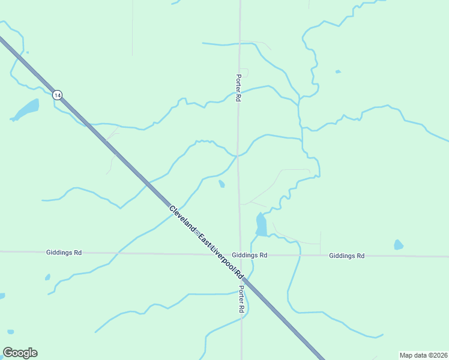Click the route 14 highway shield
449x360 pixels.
tap(57, 95)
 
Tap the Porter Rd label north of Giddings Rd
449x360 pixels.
tap(238, 88)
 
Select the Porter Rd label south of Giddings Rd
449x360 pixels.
tap(241, 299)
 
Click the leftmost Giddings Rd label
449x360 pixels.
tap(64, 253)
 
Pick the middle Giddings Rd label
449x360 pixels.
tap(250, 255)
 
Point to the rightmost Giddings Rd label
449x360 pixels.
tap(346, 256)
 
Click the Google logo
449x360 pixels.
tap(20, 353)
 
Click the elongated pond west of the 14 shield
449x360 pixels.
tap(26, 109)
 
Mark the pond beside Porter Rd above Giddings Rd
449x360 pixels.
tap(261, 225)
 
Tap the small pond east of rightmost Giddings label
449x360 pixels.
tap(399, 245)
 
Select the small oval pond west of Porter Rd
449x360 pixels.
tap(222, 184)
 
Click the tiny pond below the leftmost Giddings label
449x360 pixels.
tap(47, 277)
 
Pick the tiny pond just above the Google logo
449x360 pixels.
tap(10, 332)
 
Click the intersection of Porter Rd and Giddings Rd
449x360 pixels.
tap(241, 255)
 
